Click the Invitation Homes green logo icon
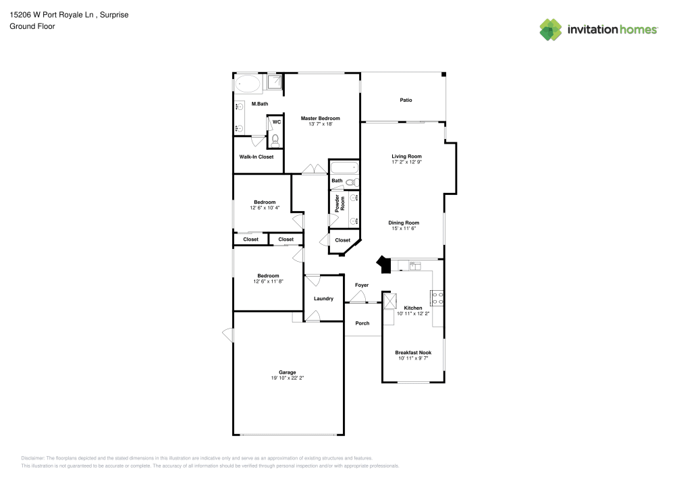(x=551, y=30)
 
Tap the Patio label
(x=406, y=101)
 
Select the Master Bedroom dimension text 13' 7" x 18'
(x=321, y=124)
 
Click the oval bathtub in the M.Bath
(x=248, y=84)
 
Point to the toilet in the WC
(x=275, y=140)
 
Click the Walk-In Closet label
(x=256, y=157)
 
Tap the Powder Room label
(x=340, y=204)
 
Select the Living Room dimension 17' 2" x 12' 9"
(x=407, y=162)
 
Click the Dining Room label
(x=404, y=223)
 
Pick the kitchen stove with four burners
(x=438, y=298)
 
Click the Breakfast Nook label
(x=413, y=353)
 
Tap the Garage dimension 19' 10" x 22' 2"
(x=288, y=378)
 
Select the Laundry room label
(x=324, y=298)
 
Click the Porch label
(x=362, y=323)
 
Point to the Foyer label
(x=362, y=285)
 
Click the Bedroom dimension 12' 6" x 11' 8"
(x=268, y=282)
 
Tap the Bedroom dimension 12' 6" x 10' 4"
(x=265, y=208)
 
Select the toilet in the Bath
(x=352, y=182)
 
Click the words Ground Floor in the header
(x=32, y=26)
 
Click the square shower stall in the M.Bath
(x=275, y=82)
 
